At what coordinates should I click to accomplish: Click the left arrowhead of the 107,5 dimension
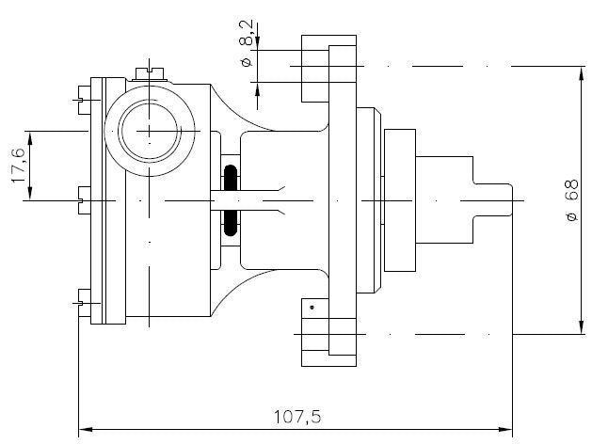click(84, 430)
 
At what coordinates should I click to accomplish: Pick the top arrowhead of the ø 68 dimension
click(583, 73)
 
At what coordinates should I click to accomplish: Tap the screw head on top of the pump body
click(149, 71)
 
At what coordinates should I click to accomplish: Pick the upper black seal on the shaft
click(231, 178)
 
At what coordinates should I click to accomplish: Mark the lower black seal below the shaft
click(231, 222)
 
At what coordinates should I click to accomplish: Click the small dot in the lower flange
click(312, 307)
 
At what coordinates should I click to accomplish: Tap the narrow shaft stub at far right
click(494, 200)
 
